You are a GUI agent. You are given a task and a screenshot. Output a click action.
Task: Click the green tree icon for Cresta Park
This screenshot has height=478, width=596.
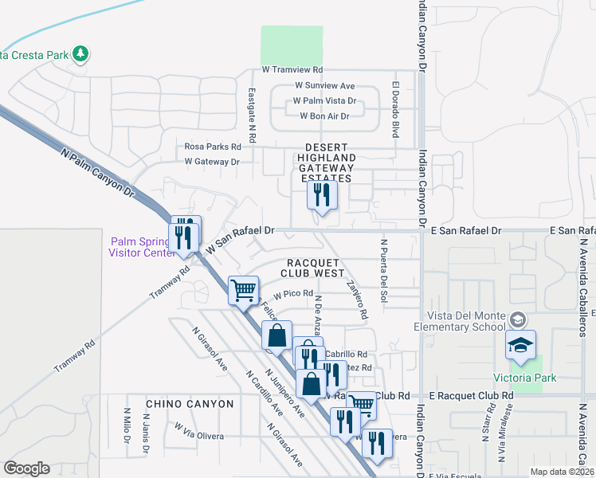79,54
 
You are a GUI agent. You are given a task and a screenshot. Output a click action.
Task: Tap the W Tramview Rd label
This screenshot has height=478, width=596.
292,70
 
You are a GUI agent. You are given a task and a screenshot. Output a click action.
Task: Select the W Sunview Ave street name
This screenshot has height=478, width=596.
324,85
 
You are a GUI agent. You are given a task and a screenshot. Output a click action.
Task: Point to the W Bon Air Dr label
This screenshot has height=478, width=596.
324,116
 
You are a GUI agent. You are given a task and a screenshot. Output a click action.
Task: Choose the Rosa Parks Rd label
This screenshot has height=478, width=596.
213,147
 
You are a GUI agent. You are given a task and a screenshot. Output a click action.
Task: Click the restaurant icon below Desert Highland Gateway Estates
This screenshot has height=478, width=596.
322,194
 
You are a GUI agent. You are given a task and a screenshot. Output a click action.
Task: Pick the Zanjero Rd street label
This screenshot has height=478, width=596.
357,299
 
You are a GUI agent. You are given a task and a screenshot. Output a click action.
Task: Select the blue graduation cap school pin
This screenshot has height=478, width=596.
520,345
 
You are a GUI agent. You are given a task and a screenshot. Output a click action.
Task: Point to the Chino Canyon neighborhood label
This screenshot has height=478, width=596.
186,404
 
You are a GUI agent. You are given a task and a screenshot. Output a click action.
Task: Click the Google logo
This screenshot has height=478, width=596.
26,468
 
